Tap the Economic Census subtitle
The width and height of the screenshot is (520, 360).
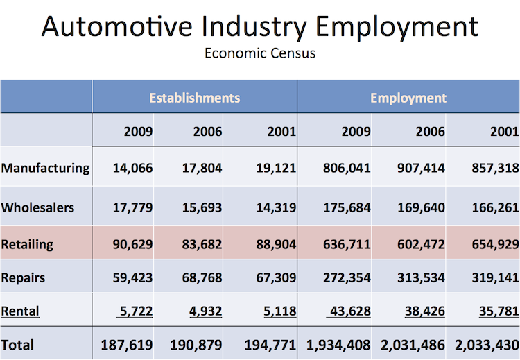260,53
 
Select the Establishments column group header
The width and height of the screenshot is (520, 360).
194,98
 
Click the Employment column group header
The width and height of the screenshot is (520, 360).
408,98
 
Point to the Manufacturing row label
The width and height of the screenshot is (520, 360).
46,168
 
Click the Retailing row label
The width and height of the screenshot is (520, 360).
27,244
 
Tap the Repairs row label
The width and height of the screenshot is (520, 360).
24,277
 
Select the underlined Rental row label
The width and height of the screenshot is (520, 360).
21,311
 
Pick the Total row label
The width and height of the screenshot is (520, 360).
17,344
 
